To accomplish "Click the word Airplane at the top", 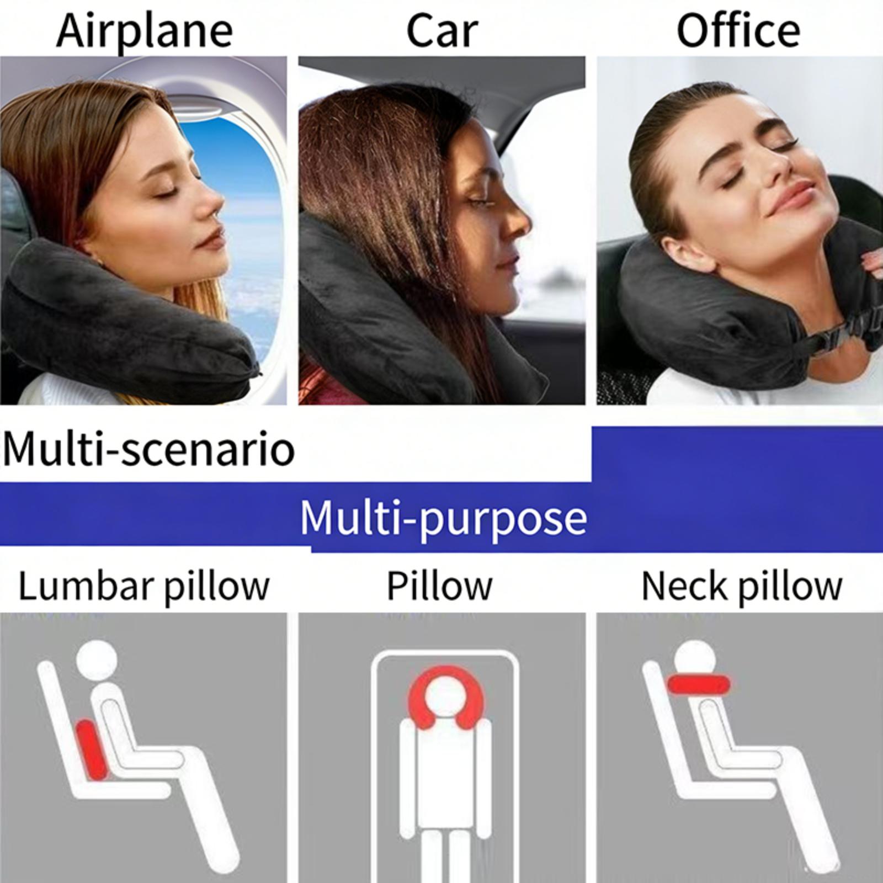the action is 144,31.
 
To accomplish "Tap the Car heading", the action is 441,31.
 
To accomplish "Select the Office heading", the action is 738,31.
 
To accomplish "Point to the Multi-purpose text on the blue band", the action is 443,518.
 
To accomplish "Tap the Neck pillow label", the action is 742,586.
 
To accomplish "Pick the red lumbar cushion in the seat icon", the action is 92,749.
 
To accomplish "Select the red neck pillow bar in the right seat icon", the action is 699,684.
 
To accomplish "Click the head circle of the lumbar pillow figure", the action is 97,660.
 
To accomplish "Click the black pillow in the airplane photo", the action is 127,320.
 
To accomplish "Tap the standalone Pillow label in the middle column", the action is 439,586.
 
